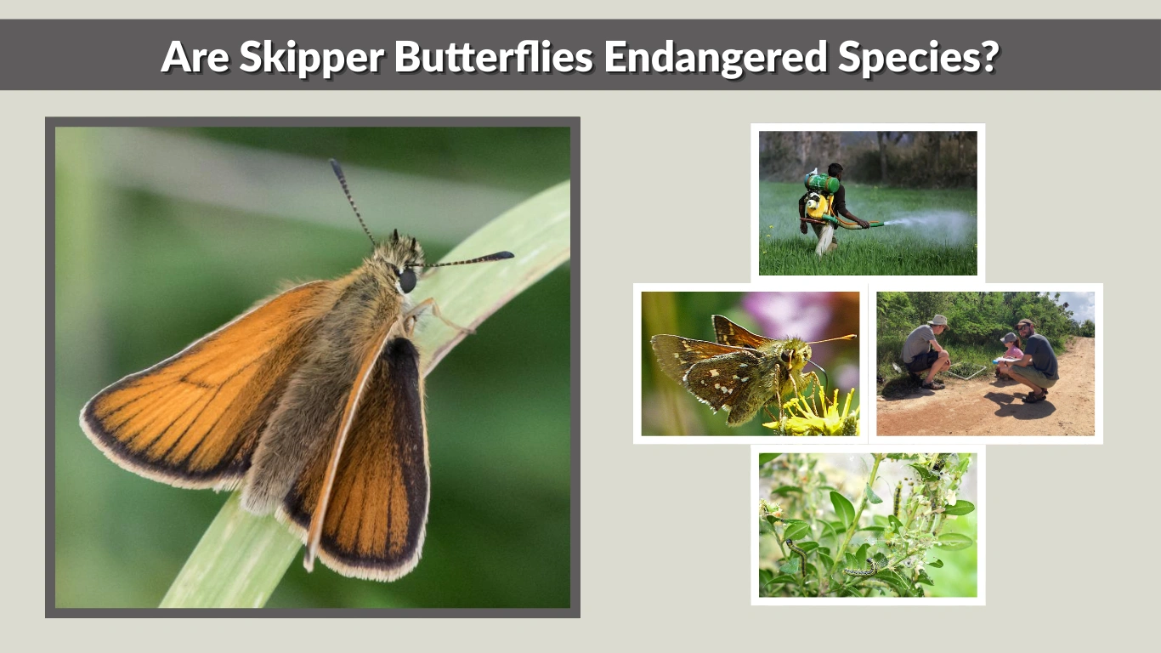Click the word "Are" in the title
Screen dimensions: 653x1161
(x=195, y=56)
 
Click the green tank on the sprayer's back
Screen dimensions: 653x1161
(x=822, y=183)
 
